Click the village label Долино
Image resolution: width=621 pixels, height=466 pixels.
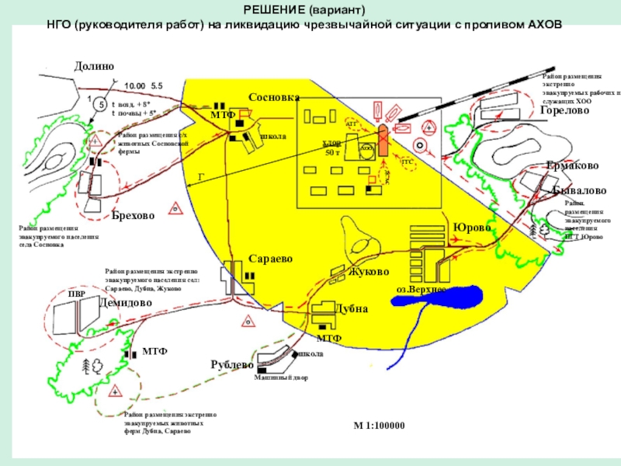pyautogui.click(x=94, y=67)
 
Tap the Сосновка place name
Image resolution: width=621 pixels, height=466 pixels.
pyautogui.click(x=274, y=97)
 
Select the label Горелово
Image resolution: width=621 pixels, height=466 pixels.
pyautogui.click(x=564, y=111)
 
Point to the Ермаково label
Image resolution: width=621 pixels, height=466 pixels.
pyautogui.click(x=572, y=166)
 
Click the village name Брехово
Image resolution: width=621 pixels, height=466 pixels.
pyautogui.click(x=133, y=215)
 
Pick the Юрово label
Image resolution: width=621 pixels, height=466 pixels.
pyautogui.click(x=472, y=227)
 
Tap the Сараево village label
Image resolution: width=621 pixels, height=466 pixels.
pyautogui.click(x=271, y=258)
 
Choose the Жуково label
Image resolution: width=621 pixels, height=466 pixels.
pyautogui.click(x=369, y=272)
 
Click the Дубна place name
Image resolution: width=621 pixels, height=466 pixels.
pyautogui.click(x=351, y=308)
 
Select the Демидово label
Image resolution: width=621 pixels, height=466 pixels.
pyautogui.click(x=126, y=304)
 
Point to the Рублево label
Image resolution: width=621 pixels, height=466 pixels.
pyautogui.click(x=233, y=364)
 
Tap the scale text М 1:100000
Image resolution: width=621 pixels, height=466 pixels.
pyautogui.click(x=380, y=426)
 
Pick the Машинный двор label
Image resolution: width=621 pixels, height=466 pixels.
pyautogui.click(x=281, y=378)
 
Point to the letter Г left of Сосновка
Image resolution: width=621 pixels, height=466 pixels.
pyautogui.click(x=202, y=177)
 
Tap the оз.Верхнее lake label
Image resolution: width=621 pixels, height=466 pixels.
pyautogui.click(x=421, y=288)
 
